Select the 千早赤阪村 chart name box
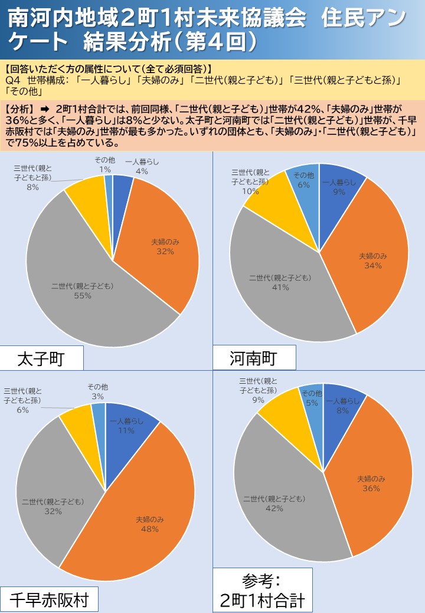point(48,600)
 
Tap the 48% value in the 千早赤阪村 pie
point(149,529)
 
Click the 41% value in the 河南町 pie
point(280,287)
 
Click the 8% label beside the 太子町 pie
point(32,187)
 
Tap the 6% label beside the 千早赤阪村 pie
point(23,410)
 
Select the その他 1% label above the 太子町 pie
point(105,166)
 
